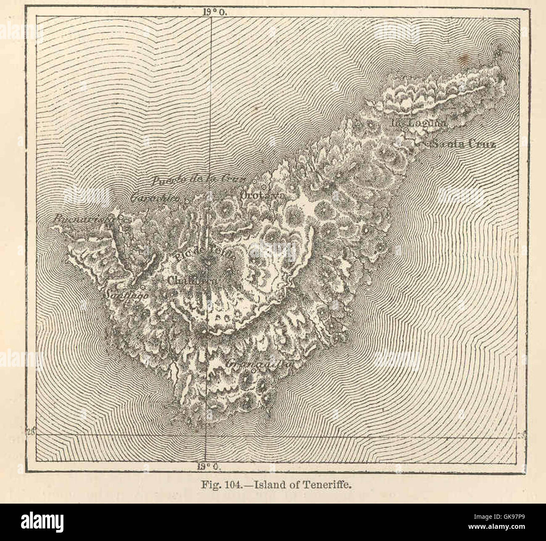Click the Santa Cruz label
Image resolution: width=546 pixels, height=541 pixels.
[464, 144]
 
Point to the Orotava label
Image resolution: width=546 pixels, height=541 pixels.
[263, 196]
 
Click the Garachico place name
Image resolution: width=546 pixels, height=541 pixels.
[155, 198]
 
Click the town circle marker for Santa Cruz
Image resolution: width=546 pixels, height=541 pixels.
[428, 144]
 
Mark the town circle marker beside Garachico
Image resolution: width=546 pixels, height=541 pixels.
[186, 201]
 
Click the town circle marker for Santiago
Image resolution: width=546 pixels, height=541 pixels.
[142, 287]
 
